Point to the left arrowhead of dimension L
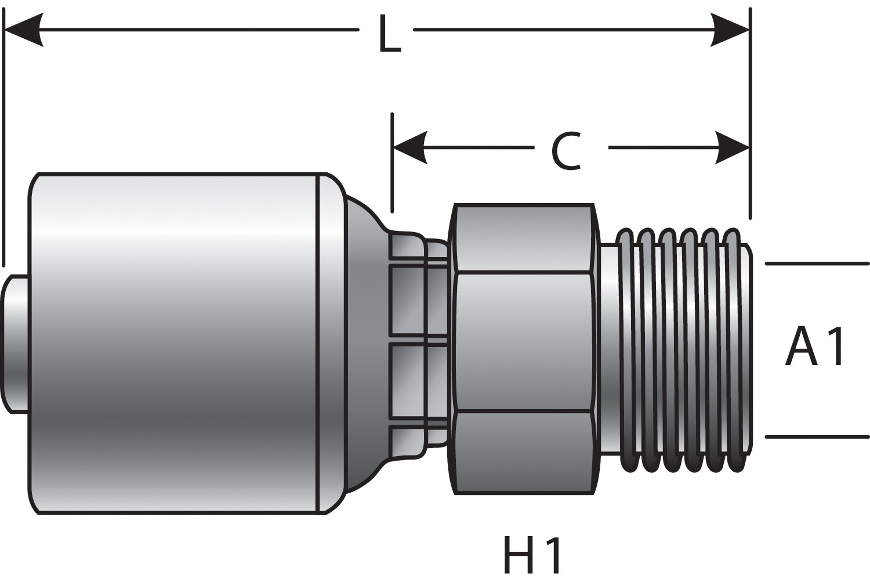23,29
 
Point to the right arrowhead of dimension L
731,29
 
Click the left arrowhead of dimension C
409,147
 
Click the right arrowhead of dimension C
733,147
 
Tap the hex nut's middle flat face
523,342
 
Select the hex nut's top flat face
523,239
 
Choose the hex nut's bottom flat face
523,453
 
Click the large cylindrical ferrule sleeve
174,342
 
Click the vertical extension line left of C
393,162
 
